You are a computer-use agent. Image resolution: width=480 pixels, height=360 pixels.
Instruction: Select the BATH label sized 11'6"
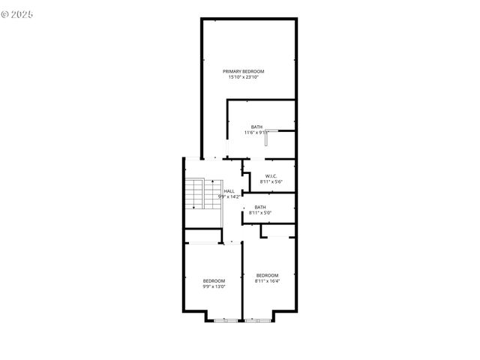(x=256, y=127)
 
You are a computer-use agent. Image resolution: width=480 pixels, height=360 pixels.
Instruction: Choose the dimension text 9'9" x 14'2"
(x=229, y=196)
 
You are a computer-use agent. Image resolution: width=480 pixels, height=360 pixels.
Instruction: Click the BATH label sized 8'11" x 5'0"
(x=260, y=207)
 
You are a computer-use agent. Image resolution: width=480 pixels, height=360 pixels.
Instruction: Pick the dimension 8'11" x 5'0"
(x=260, y=212)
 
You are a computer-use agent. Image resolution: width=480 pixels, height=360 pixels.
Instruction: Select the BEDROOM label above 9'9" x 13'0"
(x=214, y=280)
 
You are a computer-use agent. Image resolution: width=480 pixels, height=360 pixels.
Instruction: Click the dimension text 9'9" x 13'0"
(x=214, y=286)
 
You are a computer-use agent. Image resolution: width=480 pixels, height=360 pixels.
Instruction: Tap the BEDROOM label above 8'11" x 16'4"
(x=267, y=275)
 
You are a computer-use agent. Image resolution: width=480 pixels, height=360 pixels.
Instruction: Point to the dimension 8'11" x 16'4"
(x=267, y=281)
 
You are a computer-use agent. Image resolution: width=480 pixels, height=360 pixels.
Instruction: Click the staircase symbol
(x=195, y=194)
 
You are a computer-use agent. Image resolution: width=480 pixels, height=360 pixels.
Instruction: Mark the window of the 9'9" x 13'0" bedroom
(x=224, y=320)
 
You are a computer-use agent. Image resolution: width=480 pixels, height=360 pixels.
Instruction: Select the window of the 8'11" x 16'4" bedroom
(x=257, y=320)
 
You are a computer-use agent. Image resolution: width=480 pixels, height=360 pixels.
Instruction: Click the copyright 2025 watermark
(x=18, y=14)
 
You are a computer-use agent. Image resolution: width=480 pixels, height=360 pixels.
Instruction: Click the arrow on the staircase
(x=193, y=190)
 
